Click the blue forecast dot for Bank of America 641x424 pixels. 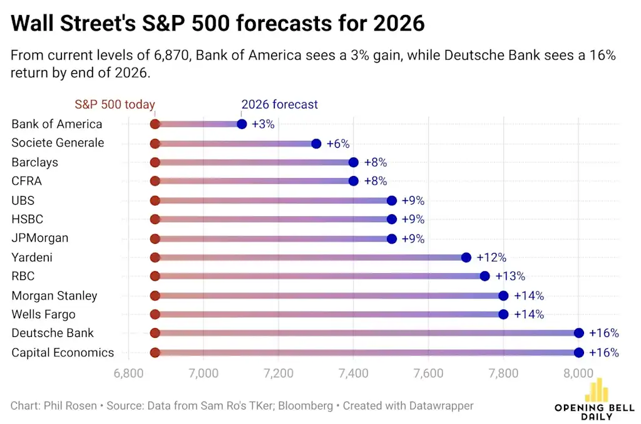(242, 124)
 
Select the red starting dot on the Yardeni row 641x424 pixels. (155, 257)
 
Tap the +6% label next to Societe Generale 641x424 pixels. (338, 143)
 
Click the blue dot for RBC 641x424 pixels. (485, 276)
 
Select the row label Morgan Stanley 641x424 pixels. (54, 296)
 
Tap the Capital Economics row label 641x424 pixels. (63, 353)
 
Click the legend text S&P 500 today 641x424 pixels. (115, 105)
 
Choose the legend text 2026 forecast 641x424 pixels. (279, 105)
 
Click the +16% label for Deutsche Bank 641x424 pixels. (603, 333)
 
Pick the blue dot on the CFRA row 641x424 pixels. (354, 181)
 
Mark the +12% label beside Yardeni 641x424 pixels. (491, 257)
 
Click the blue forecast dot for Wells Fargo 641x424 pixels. (503, 314)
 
